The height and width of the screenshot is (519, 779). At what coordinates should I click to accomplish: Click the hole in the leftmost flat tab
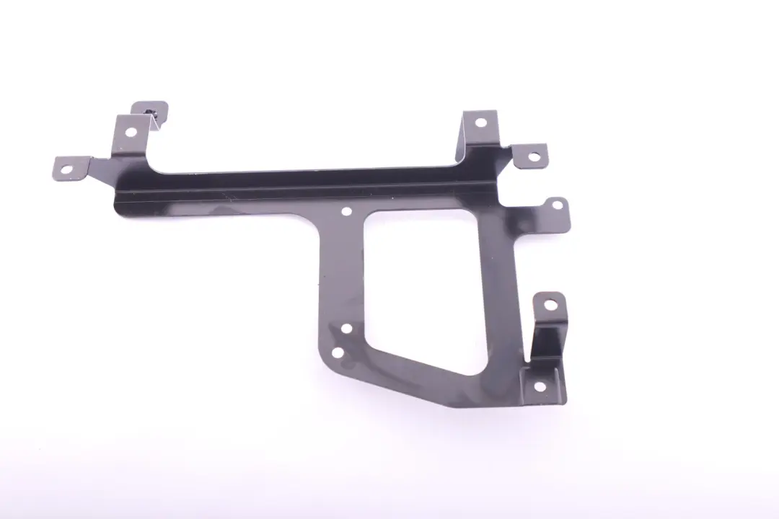[66, 170]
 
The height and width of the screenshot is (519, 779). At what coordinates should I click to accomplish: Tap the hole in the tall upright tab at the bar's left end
[130, 132]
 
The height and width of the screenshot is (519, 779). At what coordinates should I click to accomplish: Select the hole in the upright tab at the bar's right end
[479, 123]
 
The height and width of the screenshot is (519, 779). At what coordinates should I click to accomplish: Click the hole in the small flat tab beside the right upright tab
[534, 156]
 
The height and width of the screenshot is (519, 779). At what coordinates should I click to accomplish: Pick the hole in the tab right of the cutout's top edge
[556, 205]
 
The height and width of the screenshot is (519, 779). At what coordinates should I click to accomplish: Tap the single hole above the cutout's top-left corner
[346, 212]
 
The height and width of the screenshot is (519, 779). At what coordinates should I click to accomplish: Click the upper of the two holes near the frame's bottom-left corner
[346, 329]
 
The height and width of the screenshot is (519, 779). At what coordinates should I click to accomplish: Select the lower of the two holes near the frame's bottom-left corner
[337, 352]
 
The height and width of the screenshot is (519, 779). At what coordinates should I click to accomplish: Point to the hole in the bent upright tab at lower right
[550, 304]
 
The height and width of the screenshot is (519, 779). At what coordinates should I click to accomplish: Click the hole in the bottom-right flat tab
[538, 386]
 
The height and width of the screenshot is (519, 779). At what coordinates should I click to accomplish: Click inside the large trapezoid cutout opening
[426, 281]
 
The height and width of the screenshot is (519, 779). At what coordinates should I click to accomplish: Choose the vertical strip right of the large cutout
[505, 288]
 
